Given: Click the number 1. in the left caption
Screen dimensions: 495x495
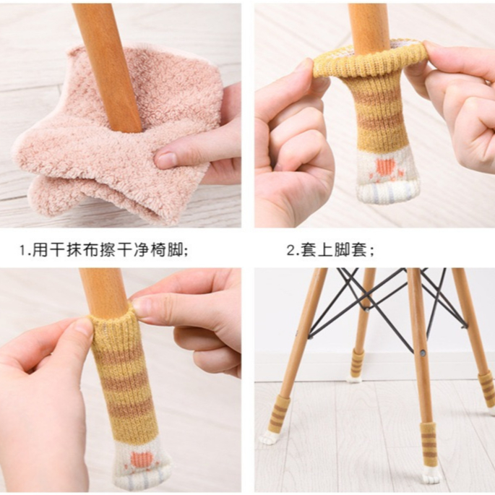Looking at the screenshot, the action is (x=26, y=251).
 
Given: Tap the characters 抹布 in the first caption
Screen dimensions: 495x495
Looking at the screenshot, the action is (x=83, y=251).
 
